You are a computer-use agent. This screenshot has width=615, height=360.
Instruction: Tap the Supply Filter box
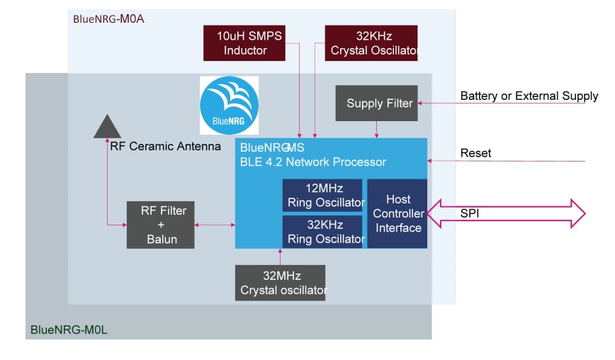(379, 103)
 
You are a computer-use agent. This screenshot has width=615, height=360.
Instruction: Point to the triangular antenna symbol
(107, 127)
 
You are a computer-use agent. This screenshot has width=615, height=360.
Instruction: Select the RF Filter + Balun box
(161, 225)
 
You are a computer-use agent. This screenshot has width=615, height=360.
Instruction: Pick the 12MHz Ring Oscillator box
(322, 195)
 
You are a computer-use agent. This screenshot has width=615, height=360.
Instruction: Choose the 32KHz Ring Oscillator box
(322, 232)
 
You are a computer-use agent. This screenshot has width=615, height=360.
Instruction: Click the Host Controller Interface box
(397, 213)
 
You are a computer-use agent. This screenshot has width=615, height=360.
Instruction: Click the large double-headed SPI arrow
(507, 213)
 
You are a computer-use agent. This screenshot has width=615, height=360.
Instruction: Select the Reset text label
(475, 153)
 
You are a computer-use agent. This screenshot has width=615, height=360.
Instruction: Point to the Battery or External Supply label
(529, 96)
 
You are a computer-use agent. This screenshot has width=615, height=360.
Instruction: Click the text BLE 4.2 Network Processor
(313, 162)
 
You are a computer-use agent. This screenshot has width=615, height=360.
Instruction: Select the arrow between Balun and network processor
(215, 225)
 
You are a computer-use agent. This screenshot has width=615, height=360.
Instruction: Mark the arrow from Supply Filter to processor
(376, 128)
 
